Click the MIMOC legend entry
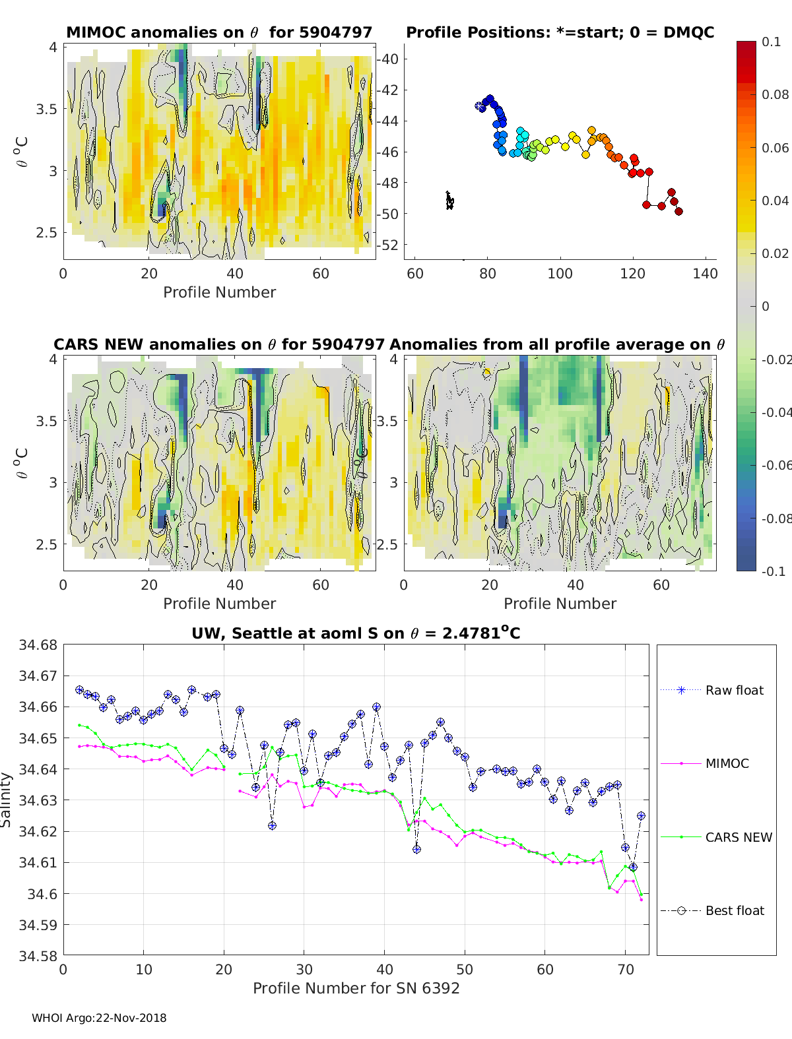(x=727, y=763)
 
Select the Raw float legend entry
(x=734, y=690)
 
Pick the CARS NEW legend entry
(x=738, y=837)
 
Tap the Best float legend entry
(x=734, y=910)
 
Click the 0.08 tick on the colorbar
(x=775, y=94)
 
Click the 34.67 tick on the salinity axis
(x=38, y=676)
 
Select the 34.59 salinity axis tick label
(x=38, y=925)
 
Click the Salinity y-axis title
(x=7, y=800)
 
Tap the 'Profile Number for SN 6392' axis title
(x=356, y=988)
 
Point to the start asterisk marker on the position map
(x=480, y=106)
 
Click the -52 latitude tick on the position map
(x=389, y=245)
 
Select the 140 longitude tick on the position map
(x=705, y=274)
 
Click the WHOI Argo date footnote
(x=99, y=1018)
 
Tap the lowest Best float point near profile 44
(x=416, y=850)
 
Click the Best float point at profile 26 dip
(x=272, y=825)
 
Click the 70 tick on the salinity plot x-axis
(x=625, y=970)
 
